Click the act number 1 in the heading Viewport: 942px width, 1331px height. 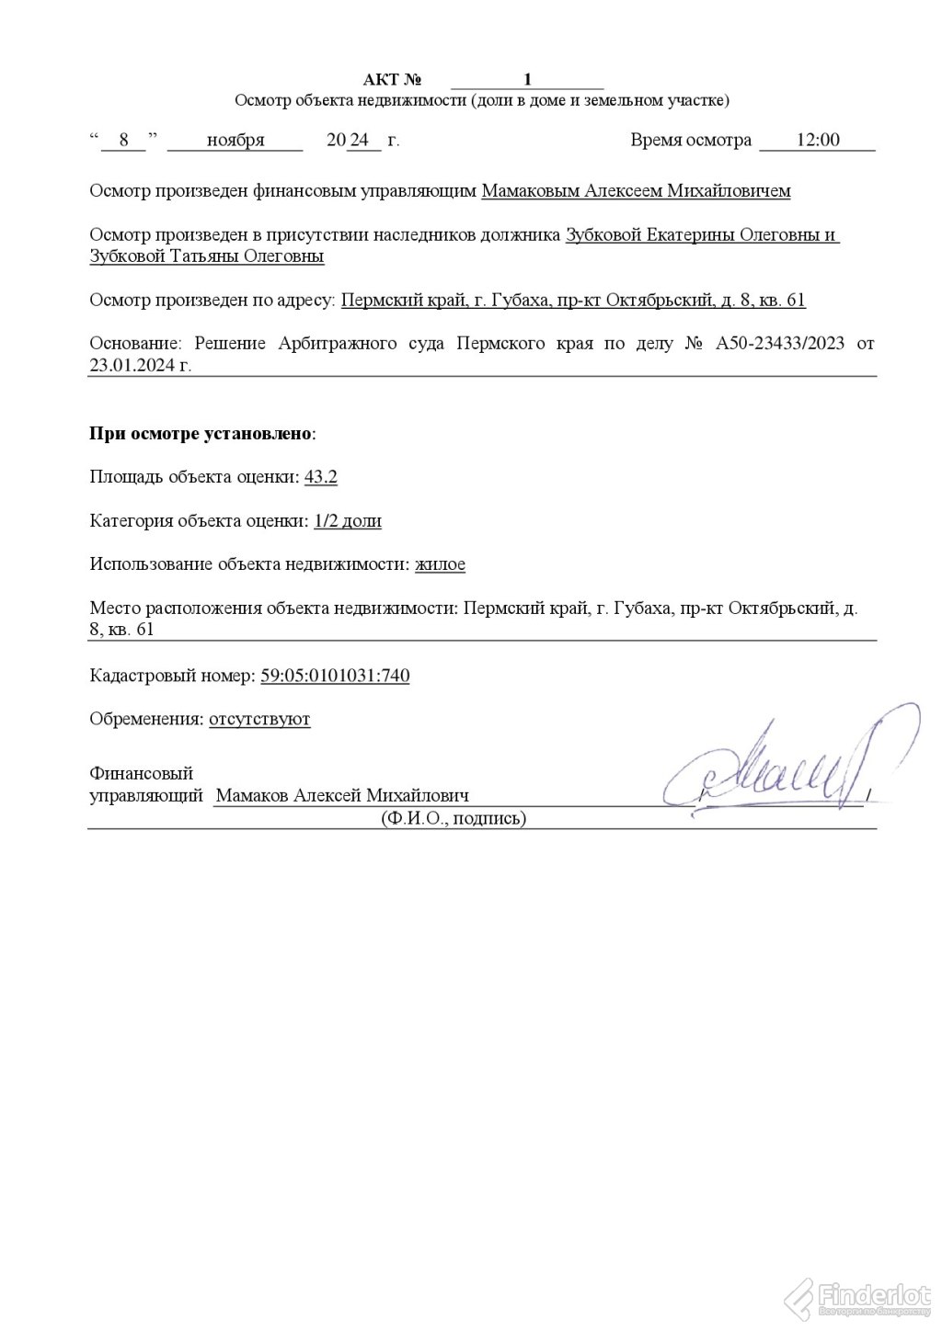coord(527,79)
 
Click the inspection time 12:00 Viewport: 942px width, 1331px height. coord(818,141)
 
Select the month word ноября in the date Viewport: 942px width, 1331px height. coord(235,141)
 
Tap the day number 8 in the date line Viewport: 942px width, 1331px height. coord(124,141)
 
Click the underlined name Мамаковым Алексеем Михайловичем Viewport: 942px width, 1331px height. coord(636,191)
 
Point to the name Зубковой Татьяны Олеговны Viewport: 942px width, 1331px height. coord(207,256)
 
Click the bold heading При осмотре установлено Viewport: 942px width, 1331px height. coord(201,433)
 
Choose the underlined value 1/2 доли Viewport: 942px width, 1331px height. coord(348,521)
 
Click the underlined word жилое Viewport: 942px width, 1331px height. coord(440,564)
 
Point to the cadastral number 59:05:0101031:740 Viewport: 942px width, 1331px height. coord(335,676)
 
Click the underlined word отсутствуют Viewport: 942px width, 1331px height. coord(259,719)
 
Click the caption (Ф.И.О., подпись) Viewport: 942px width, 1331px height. coord(454,818)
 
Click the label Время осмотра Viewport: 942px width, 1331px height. coord(691,141)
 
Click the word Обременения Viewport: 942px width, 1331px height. coord(146,719)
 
